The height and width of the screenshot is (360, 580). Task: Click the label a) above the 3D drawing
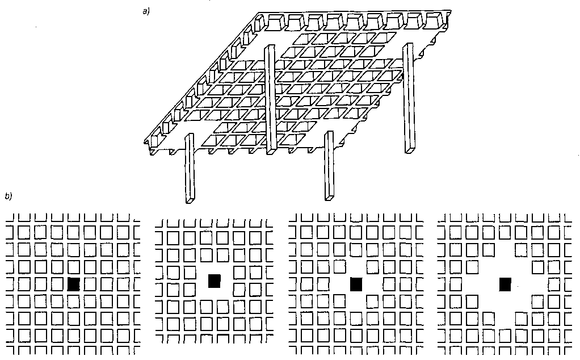[x=146, y=11]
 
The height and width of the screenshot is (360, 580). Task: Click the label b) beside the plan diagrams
[x=8, y=196]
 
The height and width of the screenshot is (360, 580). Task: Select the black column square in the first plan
[x=74, y=284]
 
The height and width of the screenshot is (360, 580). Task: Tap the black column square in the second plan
[x=214, y=281]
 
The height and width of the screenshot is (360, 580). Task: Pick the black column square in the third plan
[x=356, y=284]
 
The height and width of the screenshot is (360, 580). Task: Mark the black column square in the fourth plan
[x=505, y=284]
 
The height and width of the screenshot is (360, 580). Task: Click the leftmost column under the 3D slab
[x=190, y=168]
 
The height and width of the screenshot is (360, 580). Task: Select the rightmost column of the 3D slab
[x=409, y=98]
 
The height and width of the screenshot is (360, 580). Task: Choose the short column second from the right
[x=329, y=166]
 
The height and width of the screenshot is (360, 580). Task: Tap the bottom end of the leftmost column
[x=190, y=201]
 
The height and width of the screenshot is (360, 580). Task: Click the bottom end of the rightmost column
[x=410, y=151]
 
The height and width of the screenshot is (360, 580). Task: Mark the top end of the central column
[x=270, y=46]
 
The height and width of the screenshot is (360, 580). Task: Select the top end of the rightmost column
[x=409, y=44]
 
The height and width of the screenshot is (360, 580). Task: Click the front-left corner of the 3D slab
[x=145, y=142]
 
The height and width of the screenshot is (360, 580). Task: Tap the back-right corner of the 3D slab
[x=451, y=11]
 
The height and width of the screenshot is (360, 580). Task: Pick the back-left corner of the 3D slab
[x=259, y=13]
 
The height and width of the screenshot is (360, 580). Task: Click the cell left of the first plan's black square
[x=57, y=284]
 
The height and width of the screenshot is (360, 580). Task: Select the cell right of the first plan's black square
[x=90, y=284]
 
